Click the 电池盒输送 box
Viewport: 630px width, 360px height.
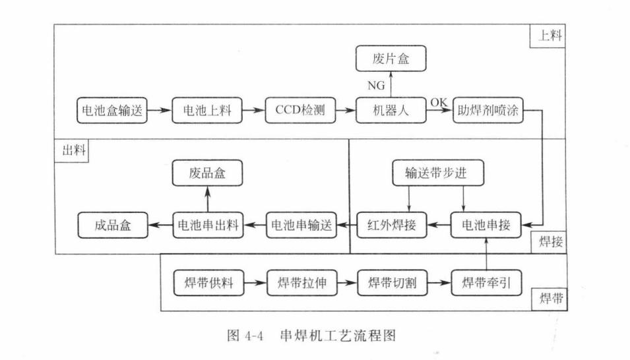point(110,111)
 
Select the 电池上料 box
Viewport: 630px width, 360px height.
point(207,111)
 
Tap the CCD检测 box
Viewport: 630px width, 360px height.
point(300,111)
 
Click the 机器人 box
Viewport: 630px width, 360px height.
point(391,111)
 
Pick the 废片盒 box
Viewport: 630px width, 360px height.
point(391,59)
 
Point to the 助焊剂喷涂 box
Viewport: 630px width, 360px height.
point(489,111)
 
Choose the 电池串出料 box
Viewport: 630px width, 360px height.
point(207,225)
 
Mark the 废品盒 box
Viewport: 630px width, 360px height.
point(207,173)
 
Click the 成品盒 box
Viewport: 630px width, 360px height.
point(112,225)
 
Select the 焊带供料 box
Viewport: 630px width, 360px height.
point(207,284)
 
